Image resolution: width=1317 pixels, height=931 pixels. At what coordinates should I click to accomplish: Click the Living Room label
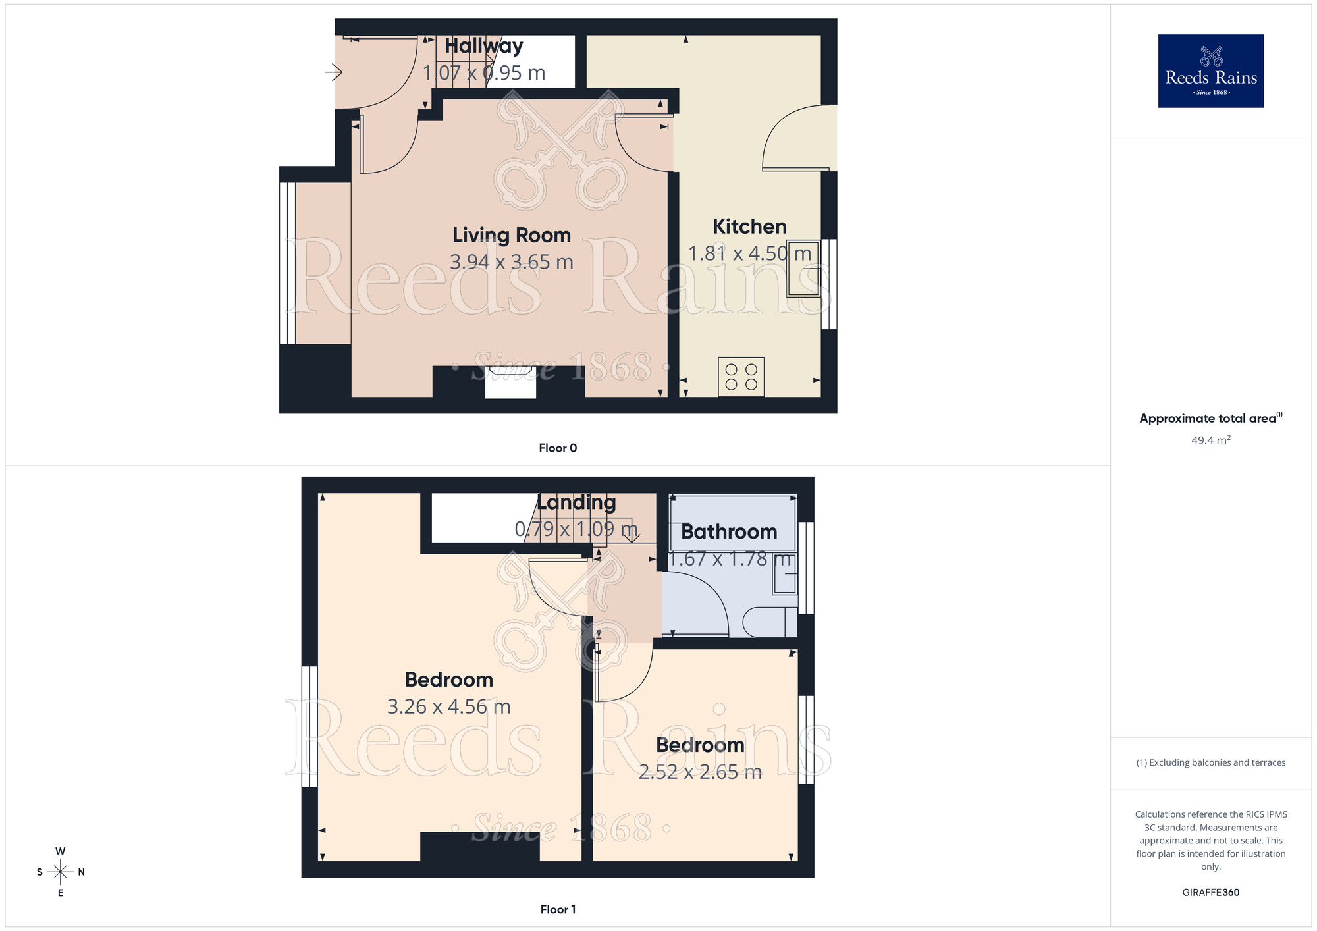coord(511,235)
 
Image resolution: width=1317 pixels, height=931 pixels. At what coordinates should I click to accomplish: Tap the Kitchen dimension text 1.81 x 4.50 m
coord(749,253)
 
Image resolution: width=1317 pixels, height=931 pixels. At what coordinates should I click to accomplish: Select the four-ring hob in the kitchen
coord(741,377)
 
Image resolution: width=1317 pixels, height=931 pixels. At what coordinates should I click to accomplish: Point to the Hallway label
coord(483,46)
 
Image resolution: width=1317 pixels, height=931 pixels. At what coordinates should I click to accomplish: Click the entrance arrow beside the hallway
coord(333,72)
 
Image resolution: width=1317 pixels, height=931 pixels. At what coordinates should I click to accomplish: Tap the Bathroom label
coord(729,531)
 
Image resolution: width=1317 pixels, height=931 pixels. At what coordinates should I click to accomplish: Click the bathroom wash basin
coord(785,573)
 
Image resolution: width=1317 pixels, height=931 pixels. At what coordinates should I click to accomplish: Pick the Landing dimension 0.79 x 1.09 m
coord(576,529)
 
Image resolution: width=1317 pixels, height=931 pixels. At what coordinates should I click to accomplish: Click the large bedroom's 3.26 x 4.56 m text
coord(448,706)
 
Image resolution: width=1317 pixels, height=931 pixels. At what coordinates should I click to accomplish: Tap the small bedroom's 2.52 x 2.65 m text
coord(700,772)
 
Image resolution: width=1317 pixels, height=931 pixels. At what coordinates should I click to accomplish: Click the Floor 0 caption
coord(558,448)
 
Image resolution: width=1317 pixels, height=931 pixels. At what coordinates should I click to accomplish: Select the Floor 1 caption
coord(558,909)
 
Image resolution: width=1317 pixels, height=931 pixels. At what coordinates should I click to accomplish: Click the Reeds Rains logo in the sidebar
coord(1210,71)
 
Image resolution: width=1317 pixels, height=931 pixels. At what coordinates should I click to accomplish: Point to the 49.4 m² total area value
coord(1210,440)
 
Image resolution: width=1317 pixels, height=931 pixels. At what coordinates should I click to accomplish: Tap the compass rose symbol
coord(61,872)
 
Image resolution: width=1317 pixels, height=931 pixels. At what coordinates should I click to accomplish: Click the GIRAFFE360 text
coord(1210,893)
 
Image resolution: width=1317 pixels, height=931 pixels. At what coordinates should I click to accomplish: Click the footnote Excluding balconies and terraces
coord(1210,762)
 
